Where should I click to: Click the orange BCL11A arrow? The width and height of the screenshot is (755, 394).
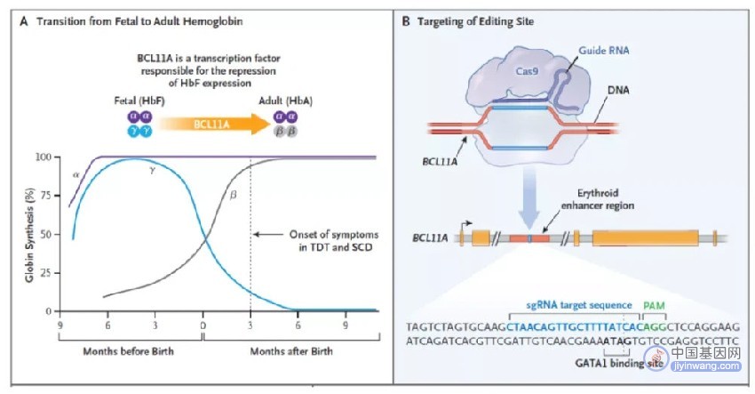pos(214,125)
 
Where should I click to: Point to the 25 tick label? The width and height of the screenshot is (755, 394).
pos(44,273)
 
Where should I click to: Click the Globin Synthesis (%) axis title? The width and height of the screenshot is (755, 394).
pos(30,235)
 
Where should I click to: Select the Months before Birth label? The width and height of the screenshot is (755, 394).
pos(128,351)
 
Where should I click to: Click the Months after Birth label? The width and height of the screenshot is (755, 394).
pos(291,351)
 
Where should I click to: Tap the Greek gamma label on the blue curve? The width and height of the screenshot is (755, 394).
pos(152,170)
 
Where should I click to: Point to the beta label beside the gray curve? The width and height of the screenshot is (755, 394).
pos(233,196)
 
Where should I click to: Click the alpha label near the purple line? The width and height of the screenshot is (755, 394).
pos(76,175)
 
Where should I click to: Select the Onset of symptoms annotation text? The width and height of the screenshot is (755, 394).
pos(334,241)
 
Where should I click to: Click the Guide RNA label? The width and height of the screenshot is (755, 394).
pos(604,50)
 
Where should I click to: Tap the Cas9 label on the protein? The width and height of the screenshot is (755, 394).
pos(527,71)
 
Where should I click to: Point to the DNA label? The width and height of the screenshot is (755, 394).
pos(618,90)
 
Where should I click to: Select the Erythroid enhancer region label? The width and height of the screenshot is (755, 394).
pos(598,199)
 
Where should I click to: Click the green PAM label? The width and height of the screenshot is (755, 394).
pos(654,306)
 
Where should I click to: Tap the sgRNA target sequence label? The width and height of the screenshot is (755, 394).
pos(579,305)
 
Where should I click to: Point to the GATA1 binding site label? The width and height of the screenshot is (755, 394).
pos(619,363)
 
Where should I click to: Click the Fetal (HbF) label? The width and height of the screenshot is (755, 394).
pos(139,101)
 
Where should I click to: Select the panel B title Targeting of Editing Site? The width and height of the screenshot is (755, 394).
pos(475,21)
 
